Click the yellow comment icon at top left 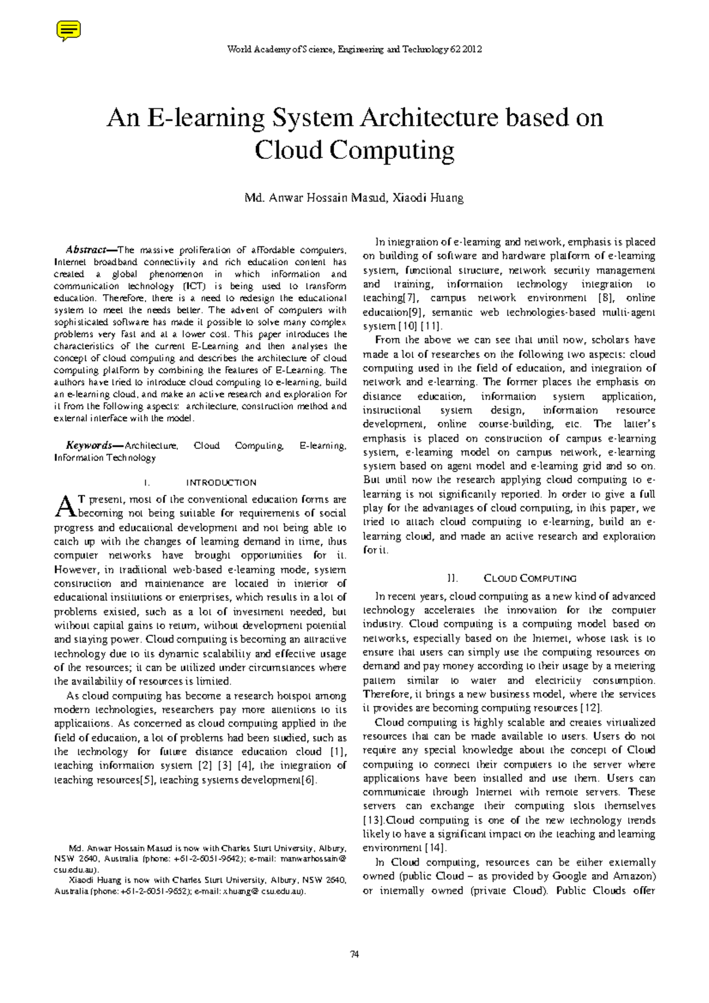(68, 30)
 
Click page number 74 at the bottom (354, 954)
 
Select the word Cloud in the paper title (288, 150)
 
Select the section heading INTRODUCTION (221, 483)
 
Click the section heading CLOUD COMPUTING (530, 578)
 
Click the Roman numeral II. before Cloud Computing (453, 578)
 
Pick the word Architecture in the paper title (431, 118)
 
